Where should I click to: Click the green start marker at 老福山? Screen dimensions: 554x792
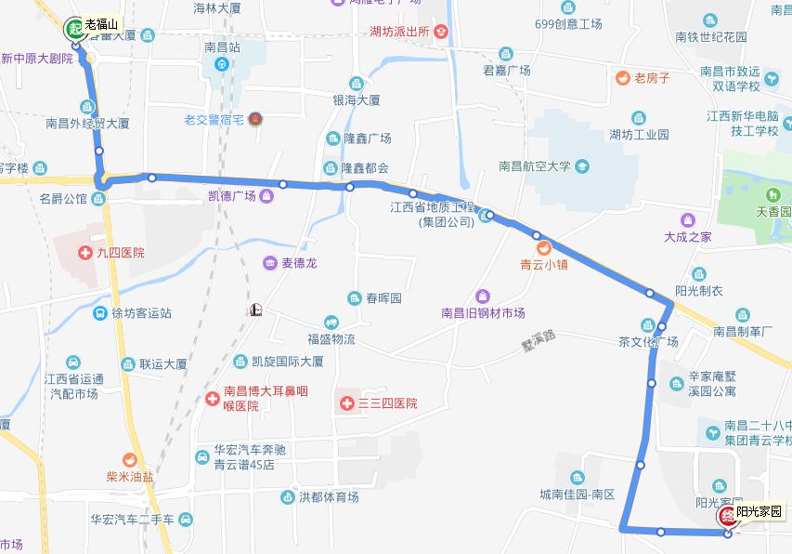pos(73,29)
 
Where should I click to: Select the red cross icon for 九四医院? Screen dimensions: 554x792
pos(89,253)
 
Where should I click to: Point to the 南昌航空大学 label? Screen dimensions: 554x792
pos(534,167)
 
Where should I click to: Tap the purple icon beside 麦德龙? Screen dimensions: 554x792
pos(269,263)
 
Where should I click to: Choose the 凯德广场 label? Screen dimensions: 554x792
pos(231,196)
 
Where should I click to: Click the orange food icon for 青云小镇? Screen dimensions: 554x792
pos(545,247)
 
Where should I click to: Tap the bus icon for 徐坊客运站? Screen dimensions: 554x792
pos(99,313)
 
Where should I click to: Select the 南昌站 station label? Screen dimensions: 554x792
pos(222,46)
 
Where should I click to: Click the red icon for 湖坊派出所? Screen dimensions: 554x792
pos(442,32)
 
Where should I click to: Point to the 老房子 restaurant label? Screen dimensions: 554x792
pos(652,78)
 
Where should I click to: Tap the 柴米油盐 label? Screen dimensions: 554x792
pos(129,476)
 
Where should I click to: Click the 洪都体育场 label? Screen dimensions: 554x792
pos(329,497)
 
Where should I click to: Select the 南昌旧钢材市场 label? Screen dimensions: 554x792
pos(483,313)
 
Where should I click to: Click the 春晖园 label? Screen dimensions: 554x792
pos(383,298)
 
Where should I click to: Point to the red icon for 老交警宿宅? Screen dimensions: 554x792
pos(255,119)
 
